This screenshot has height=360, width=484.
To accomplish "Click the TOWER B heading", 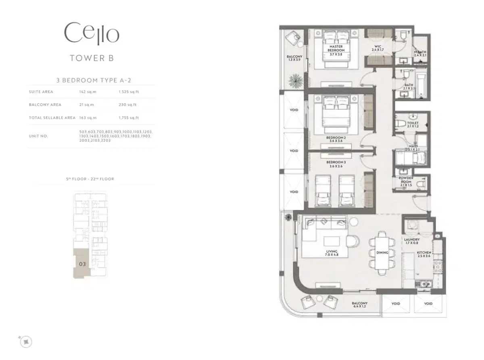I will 92,58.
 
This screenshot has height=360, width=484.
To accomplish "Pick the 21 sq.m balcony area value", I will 86,105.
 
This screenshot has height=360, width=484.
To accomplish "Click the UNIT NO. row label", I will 38,136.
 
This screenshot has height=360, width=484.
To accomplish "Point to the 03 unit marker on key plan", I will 82,264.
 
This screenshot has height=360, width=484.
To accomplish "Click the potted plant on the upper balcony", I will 295,79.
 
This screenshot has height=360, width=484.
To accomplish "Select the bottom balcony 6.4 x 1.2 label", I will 359,305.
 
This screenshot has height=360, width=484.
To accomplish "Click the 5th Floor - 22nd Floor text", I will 90,179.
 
